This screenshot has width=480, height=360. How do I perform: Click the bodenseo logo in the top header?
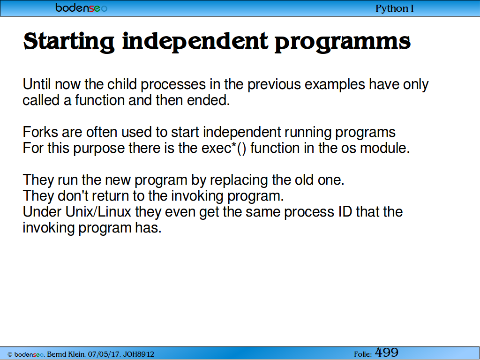(x=81, y=7)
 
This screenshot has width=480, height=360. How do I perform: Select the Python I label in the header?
(x=395, y=8)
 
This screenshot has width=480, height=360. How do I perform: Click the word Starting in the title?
(x=69, y=42)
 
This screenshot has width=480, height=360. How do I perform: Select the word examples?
(x=335, y=85)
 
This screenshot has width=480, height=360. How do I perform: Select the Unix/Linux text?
(x=98, y=211)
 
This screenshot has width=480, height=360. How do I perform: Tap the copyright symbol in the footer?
(x=10, y=354)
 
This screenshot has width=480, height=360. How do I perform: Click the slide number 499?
(x=387, y=352)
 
